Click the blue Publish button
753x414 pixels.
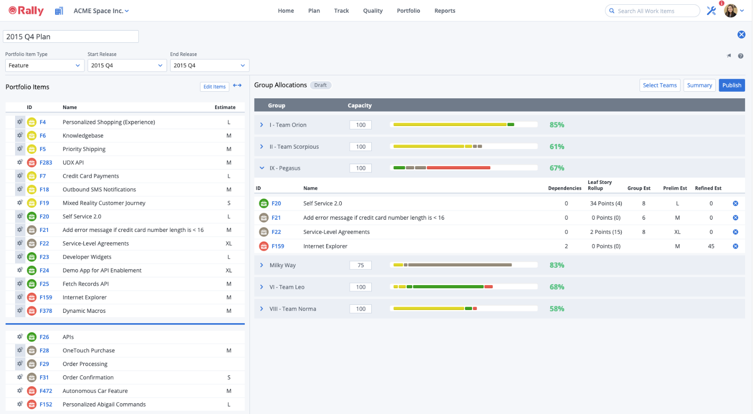point(731,85)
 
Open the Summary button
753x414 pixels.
point(699,85)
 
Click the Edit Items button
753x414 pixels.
point(214,87)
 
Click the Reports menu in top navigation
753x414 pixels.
point(444,11)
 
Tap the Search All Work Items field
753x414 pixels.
point(654,11)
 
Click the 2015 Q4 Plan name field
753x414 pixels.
point(71,37)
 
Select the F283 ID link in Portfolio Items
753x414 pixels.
point(46,162)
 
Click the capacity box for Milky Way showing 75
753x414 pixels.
point(360,265)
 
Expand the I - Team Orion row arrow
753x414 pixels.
point(262,125)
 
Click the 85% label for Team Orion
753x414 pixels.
point(557,125)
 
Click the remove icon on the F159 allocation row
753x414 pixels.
point(735,246)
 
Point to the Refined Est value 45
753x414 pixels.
point(711,246)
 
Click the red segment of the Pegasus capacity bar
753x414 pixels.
point(458,168)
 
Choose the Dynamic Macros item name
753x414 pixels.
point(84,311)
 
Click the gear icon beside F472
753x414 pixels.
point(20,390)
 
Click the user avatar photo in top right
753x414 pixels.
point(730,11)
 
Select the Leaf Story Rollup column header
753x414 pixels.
point(599,185)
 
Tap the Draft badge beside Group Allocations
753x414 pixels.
point(320,85)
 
